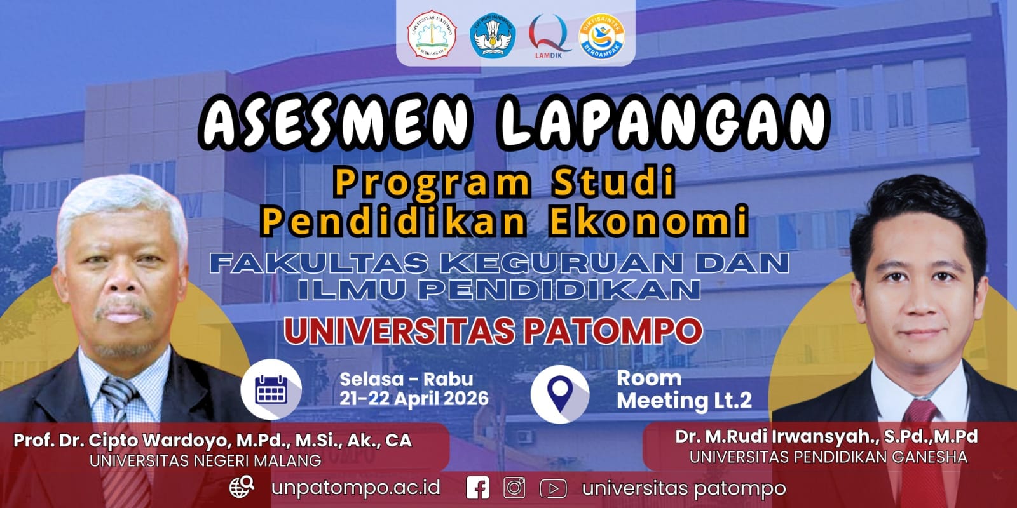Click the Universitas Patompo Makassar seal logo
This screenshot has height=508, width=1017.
coord(432,34)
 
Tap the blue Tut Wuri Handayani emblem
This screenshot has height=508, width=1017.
coord(493,35)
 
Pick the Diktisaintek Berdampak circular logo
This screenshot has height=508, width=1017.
coord(602,36)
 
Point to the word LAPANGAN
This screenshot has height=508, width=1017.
coord(664,121)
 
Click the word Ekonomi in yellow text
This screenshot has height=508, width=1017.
coord(648,220)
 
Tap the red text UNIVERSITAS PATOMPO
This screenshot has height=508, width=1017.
coord(493,331)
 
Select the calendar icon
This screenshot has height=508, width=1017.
coord(271,390)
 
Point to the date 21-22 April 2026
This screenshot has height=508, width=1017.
coord(414,399)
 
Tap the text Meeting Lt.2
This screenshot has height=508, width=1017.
coord(684,401)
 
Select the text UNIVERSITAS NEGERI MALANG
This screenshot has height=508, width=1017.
coord(205,461)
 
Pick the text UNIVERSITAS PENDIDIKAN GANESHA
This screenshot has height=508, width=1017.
coord(828,457)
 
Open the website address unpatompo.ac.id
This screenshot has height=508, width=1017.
coord(356,488)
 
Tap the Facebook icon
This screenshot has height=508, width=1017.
coord(477,488)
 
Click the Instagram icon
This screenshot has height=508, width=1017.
coord(514,488)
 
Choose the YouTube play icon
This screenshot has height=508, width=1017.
coord(553,489)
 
